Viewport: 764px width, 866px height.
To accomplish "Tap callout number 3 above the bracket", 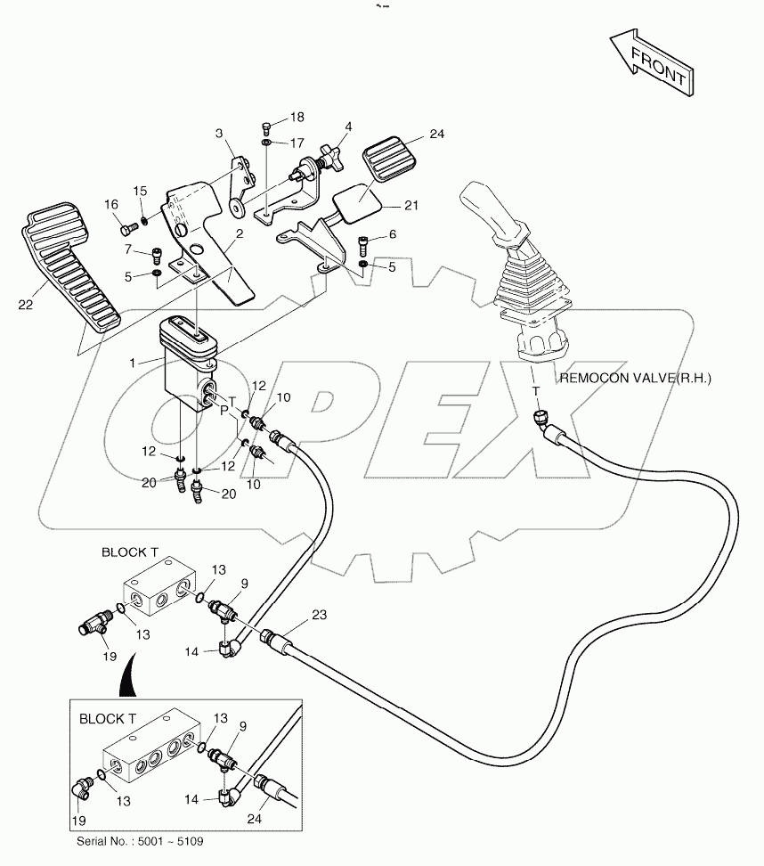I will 218,134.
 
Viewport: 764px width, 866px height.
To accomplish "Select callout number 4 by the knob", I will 348,127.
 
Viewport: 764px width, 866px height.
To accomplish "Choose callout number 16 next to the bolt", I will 111,205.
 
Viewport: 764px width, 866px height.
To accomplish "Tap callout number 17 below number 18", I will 296,143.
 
